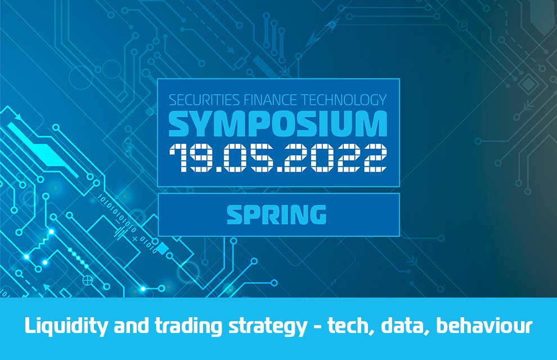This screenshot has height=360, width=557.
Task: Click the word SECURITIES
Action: pyautogui.click(x=204, y=100)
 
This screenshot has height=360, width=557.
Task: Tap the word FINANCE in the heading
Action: pyautogui.click(x=270, y=100)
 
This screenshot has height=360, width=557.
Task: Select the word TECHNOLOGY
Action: pyautogui.click(x=344, y=100)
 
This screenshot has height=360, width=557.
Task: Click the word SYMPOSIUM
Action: pyautogui.click(x=278, y=124)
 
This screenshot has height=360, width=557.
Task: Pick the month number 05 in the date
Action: pyautogui.click(x=248, y=157)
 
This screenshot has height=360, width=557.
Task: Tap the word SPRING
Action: pyautogui.click(x=276, y=214)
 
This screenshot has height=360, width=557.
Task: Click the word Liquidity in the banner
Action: pyautogui.click(x=66, y=326)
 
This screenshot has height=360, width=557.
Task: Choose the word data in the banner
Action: pyautogui.click(x=405, y=326)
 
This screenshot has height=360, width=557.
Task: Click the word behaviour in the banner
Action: pyautogui.click(x=484, y=326)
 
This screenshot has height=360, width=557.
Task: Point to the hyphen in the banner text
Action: pyautogui.click(x=317, y=327)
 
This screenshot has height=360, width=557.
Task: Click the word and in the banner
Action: pyautogui.click(x=131, y=326)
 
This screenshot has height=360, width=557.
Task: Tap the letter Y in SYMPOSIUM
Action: pyautogui.click(x=208, y=124)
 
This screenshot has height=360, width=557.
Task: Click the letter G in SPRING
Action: pyautogui.click(x=316, y=214)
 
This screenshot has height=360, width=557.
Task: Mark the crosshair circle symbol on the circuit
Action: pyautogui.click(x=87, y=281)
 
